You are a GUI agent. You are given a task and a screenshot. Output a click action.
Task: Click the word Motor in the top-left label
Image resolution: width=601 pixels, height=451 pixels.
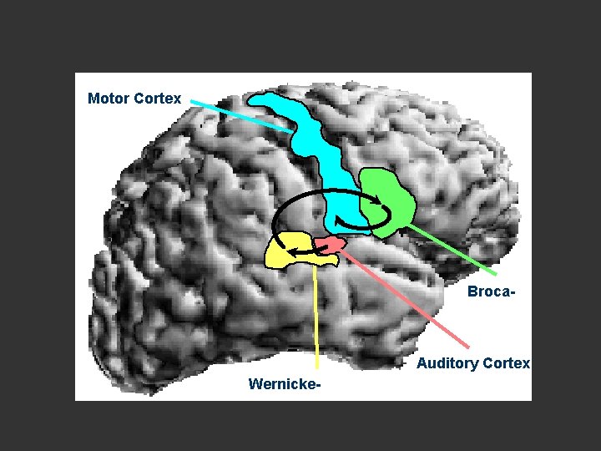click(108, 99)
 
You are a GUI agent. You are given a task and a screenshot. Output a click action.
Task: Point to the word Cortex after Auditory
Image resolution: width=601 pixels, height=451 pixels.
click(506, 363)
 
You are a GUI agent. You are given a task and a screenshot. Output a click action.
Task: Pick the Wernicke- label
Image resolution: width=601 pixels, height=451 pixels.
click(285, 384)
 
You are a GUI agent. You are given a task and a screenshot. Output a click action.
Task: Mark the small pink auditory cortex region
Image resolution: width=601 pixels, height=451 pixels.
click(330, 244)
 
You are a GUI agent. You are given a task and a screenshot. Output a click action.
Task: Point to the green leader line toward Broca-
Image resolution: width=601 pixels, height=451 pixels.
click(455, 250)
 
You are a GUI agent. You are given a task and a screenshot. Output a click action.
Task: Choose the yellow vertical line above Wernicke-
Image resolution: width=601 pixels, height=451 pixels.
click(316, 317)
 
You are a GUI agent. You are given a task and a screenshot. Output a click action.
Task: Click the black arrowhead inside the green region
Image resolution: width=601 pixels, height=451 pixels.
click(380, 200)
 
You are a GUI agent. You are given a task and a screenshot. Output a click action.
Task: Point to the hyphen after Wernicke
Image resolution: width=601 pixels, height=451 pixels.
click(318, 385)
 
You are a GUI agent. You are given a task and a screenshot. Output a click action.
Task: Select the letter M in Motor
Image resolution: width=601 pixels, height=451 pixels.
click(93, 99)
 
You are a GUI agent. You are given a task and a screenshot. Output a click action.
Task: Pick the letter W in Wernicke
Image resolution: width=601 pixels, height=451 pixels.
click(255, 384)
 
